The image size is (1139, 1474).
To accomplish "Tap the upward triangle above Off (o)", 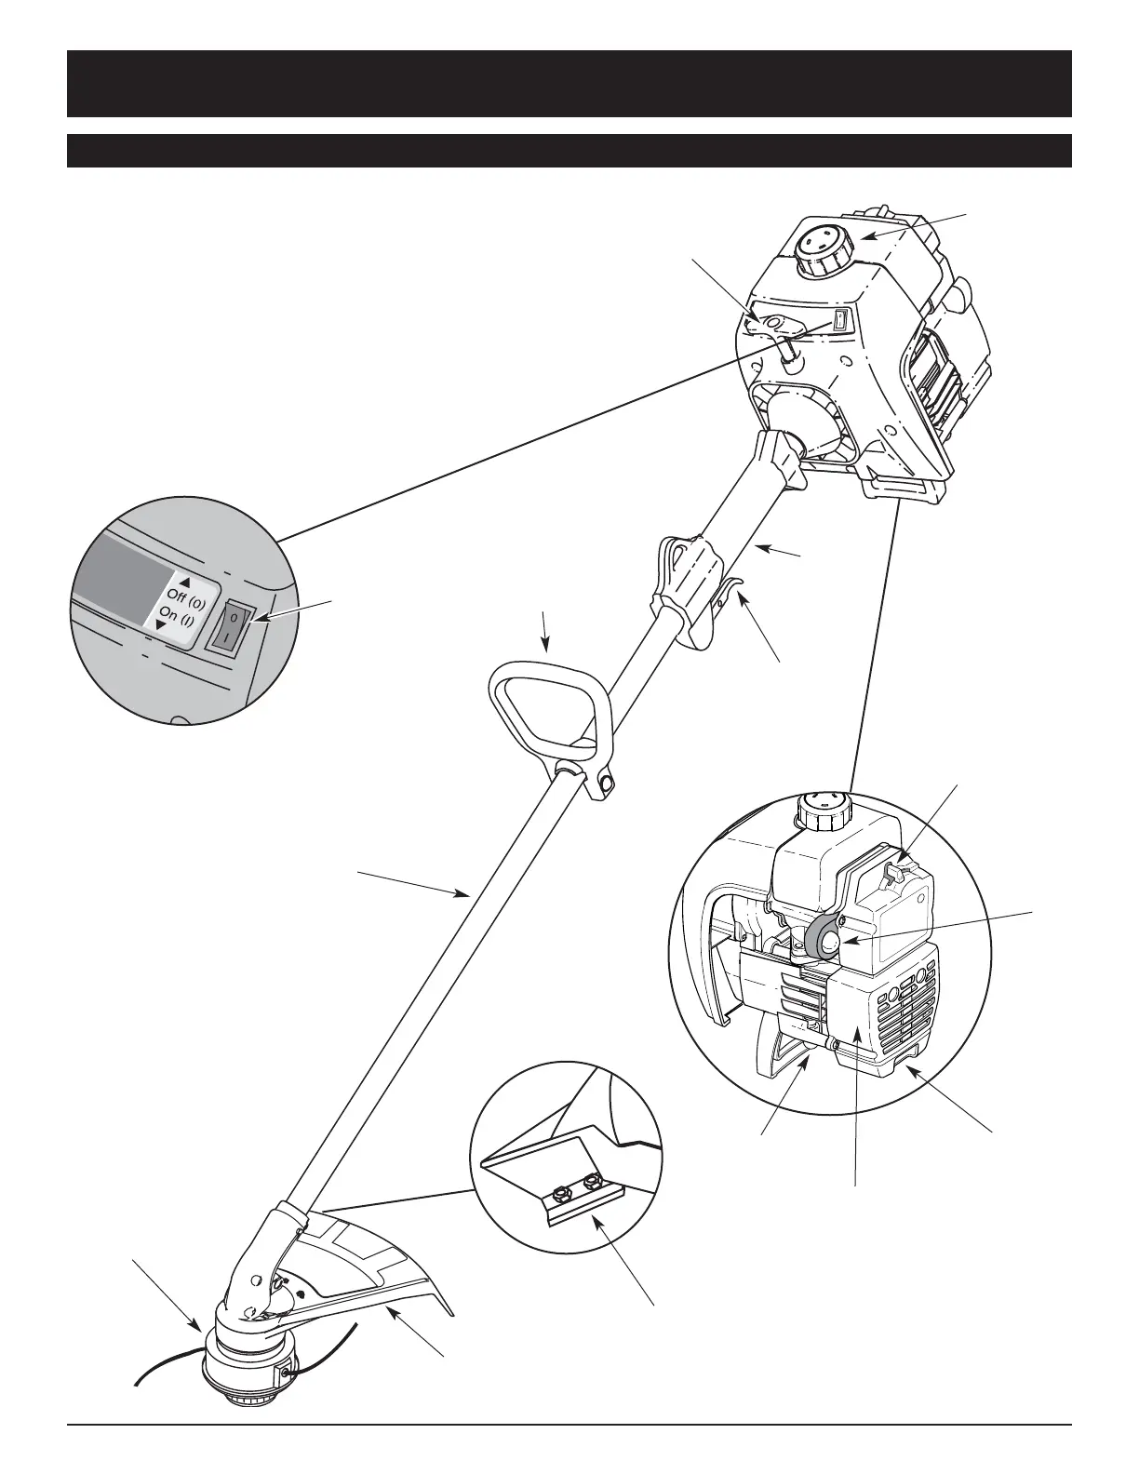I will coord(183,571).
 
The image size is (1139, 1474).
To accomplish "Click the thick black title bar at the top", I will coord(569,84).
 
